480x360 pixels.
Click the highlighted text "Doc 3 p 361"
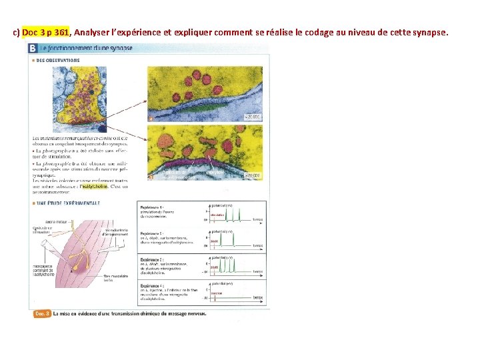45,32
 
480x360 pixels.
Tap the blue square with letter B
33,49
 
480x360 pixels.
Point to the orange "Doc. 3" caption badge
39,313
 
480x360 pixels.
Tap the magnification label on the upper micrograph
253,117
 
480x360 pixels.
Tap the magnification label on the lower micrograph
253,176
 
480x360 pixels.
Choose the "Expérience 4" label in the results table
151,285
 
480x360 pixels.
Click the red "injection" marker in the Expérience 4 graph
217,293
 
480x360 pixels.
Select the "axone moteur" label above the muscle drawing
54,221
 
